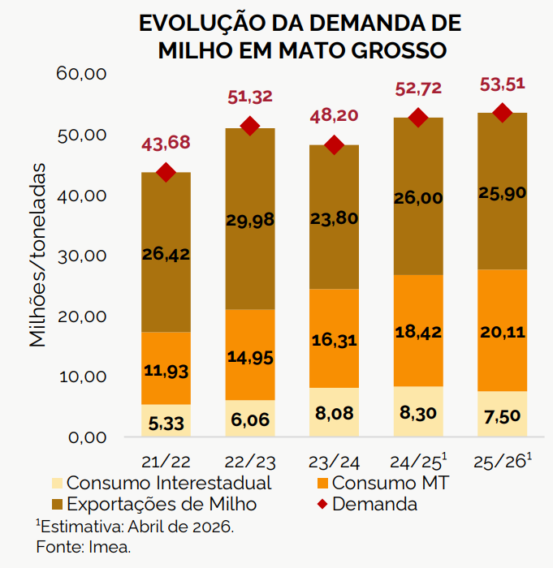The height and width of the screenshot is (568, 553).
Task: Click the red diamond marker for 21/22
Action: (166, 172)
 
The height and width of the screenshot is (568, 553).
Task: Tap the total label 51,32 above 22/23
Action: (250, 97)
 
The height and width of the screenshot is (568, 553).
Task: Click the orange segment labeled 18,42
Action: (417, 331)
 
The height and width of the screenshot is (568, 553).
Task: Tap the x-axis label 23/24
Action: (334, 462)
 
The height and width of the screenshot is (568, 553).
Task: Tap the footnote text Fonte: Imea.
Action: (84, 547)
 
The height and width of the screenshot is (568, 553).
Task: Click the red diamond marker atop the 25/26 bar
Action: (501, 113)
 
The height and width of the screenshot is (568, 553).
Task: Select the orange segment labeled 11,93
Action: (166, 369)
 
